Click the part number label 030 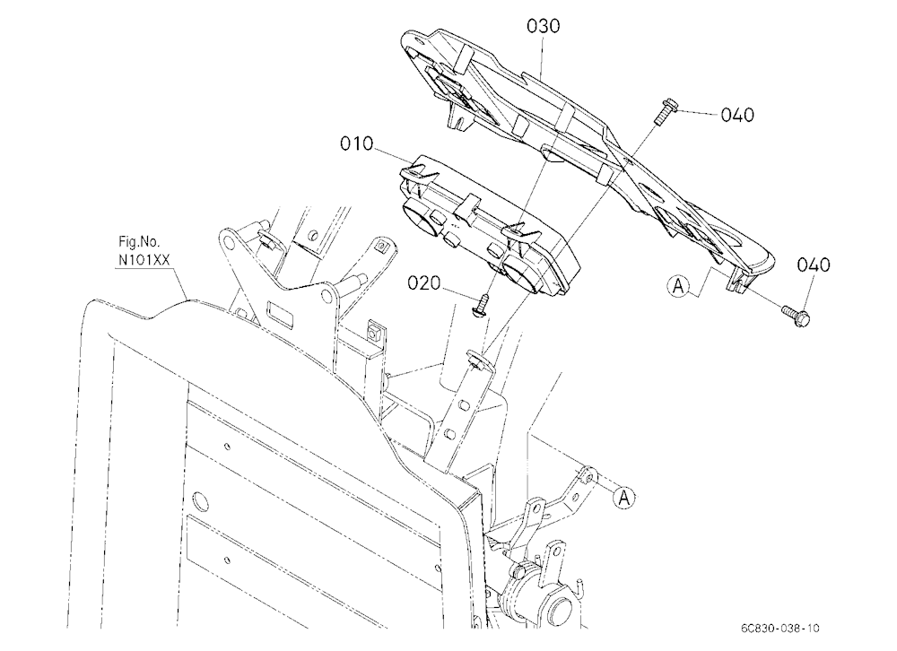(543, 26)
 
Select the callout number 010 (356, 143)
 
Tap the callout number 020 (424, 283)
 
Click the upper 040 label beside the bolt (737, 115)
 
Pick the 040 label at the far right (814, 265)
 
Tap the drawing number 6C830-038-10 (779, 628)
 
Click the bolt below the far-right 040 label (797, 316)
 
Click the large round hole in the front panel (201, 501)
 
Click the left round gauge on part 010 (419, 219)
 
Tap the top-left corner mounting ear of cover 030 (415, 43)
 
